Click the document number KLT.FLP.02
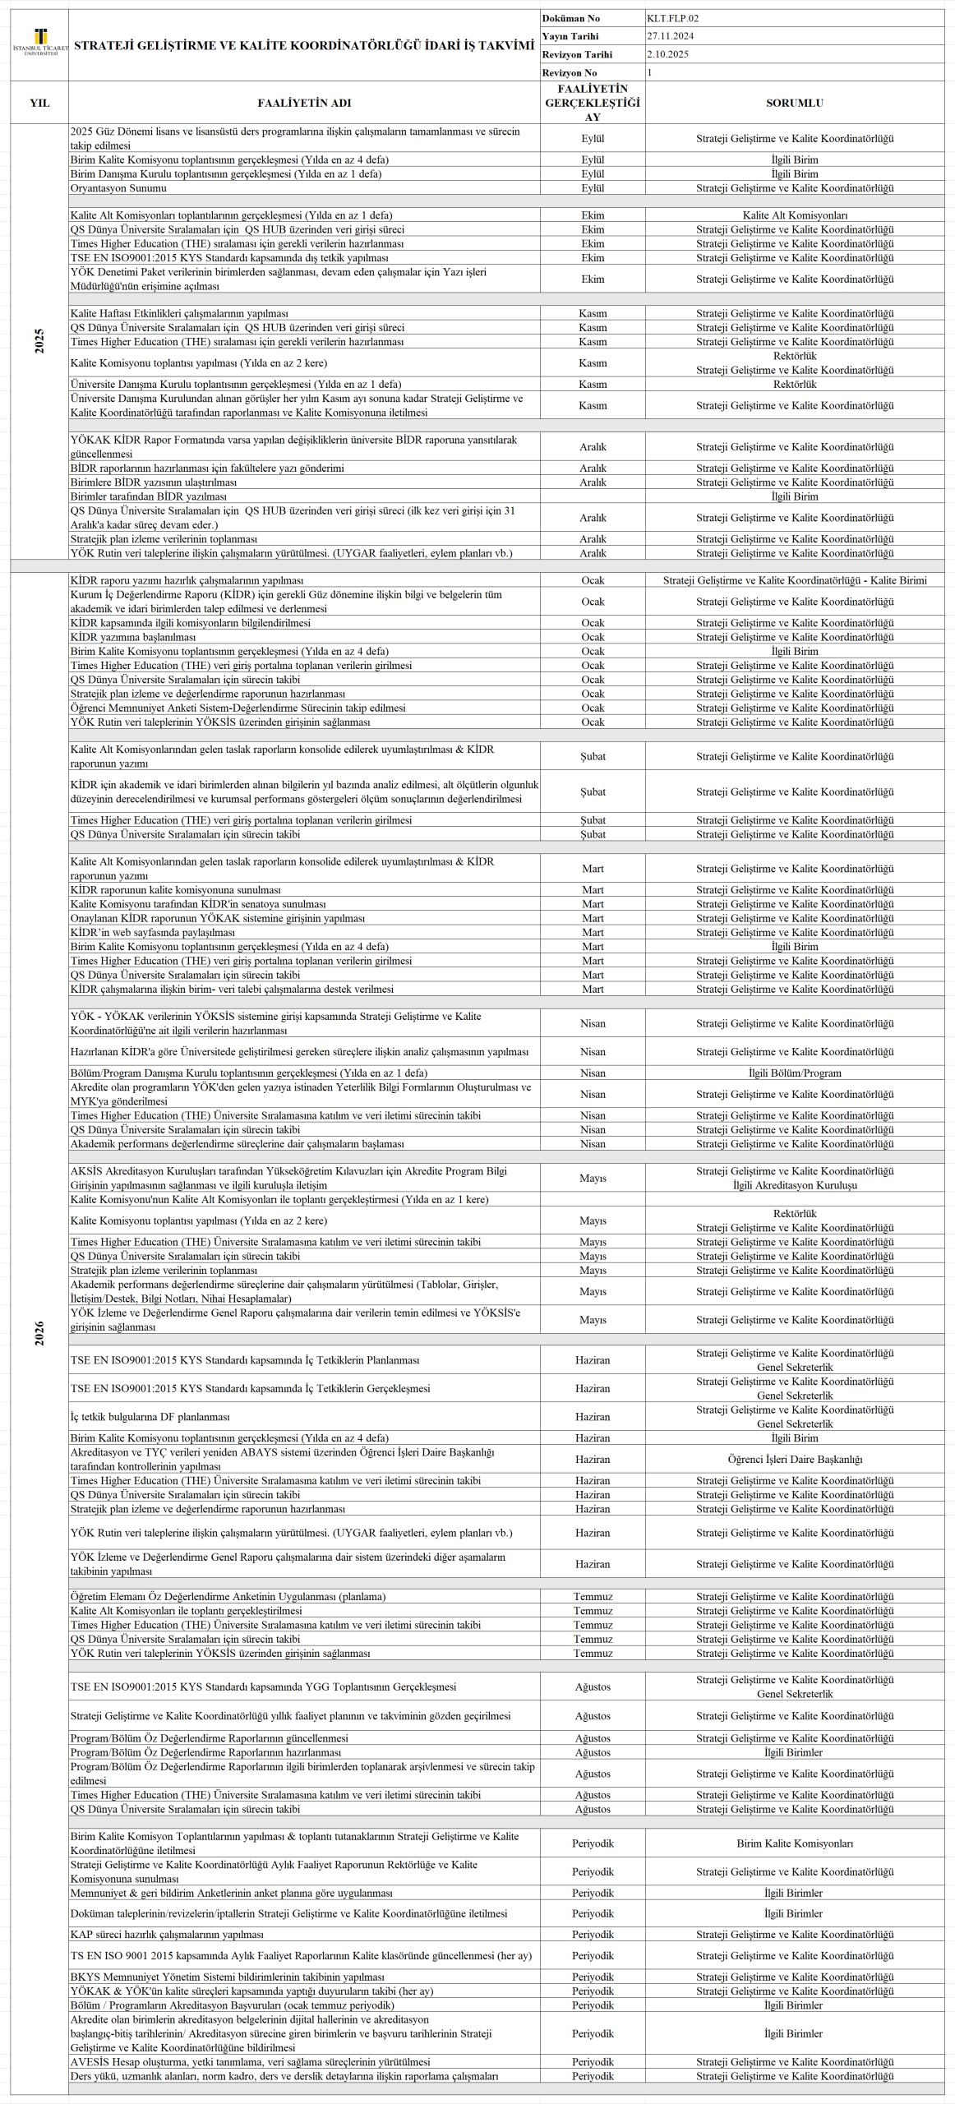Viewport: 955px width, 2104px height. tap(672, 18)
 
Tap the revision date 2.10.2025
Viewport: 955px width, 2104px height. tap(667, 54)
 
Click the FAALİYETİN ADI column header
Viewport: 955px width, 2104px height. tap(304, 103)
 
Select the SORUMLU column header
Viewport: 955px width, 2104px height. tap(794, 103)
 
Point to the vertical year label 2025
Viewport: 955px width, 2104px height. tap(39, 341)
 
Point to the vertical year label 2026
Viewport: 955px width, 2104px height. tap(39, 1333)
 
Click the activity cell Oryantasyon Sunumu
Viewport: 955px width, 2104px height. tap(118, 188)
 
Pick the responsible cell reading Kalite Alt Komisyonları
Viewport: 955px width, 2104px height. tap(794, 215)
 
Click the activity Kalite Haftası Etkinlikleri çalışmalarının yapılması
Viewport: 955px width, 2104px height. tap(179, 313)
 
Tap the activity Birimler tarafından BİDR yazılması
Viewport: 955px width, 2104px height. tap(148, 496)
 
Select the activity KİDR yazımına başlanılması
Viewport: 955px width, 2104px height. tap(133, 637)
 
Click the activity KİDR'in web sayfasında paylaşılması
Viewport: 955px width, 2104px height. tap(153, 932)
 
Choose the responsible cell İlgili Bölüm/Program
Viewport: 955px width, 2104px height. tap(794, 1073)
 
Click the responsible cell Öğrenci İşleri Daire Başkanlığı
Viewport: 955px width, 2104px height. tap(794, 1459)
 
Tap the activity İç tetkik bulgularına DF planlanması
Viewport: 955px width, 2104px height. tap(150, 1416)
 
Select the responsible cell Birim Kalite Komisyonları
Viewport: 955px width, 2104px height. tap(794, 1843)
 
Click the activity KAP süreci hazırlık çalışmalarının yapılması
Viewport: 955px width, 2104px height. tap(167, 1934)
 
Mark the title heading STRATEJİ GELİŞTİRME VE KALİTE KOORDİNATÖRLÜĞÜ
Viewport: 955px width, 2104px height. tap(304, 45)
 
